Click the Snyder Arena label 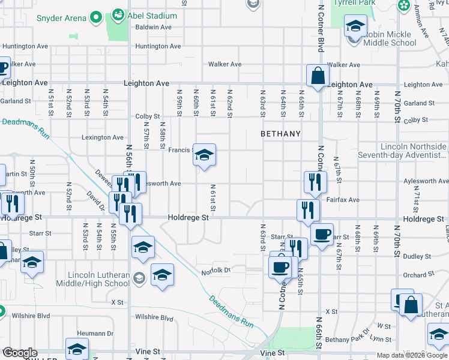(x=61, y=18)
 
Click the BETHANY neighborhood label (x=280, y=134)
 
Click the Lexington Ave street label (x=103, y=137)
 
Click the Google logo (x=20, y=353)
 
